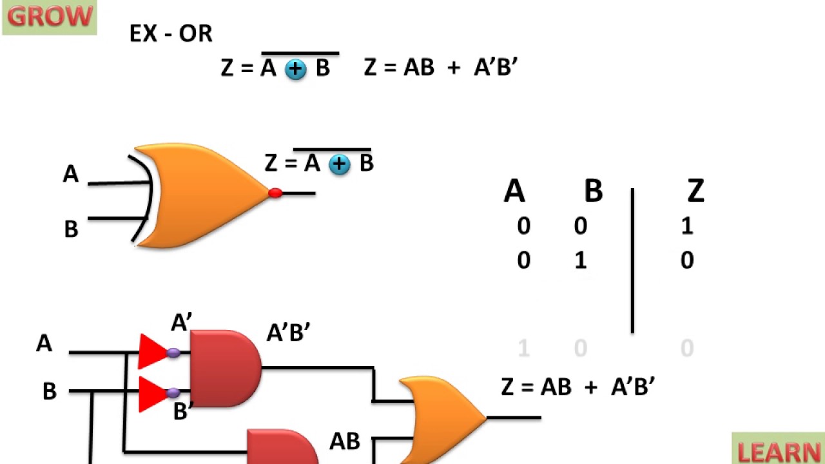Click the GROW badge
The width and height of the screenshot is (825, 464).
coord(50,17)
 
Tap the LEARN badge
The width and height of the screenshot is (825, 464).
coord(779,450)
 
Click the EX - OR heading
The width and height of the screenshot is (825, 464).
coord(171,34)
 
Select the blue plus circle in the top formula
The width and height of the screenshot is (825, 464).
coord(296,69)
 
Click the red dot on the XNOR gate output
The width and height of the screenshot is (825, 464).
coord(275,193)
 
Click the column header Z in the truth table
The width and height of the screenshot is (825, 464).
coord(695,191)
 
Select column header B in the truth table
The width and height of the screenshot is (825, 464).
coord(593,191)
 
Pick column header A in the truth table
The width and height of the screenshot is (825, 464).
coord(514,191)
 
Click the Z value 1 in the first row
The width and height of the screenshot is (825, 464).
coord(687,226)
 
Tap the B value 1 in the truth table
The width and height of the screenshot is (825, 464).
coord(580,261)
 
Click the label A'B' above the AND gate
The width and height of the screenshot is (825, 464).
coord(288,333)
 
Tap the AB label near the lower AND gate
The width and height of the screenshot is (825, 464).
coord(345,441)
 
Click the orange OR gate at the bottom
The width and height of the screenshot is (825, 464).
coord(442,419)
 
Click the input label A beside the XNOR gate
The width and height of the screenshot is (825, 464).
coord(71,174)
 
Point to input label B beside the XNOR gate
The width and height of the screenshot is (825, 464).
coord(71,229)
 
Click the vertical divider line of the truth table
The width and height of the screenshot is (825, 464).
coord(632,261)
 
